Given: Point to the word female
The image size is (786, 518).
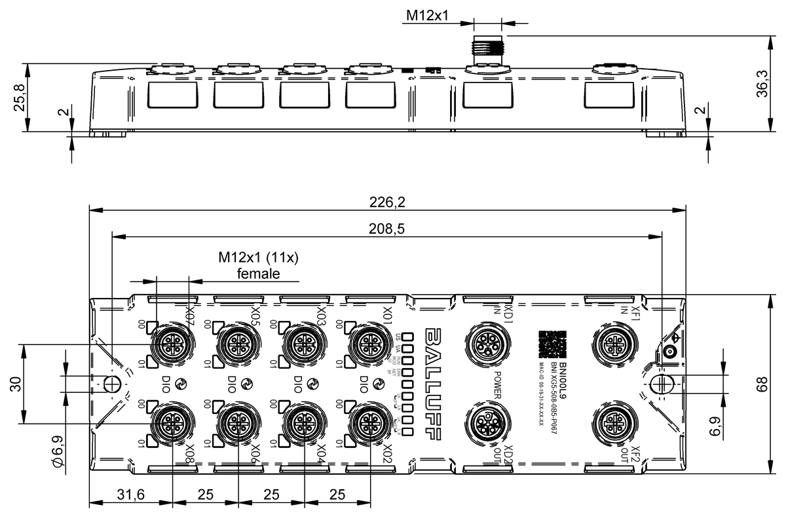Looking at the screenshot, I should click(x=258, y=273).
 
